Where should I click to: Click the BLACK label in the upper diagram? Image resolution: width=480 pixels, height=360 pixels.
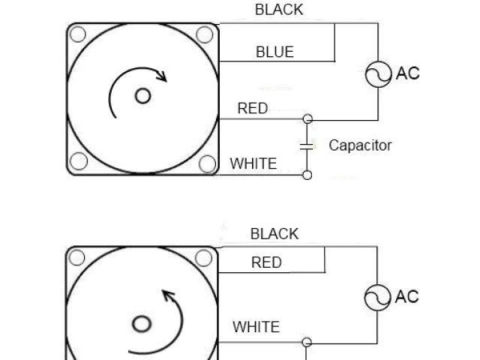pos(279,10)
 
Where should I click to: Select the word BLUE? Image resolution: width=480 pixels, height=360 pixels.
pos(274,52)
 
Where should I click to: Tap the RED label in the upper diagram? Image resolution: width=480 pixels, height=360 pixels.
pos(253,109)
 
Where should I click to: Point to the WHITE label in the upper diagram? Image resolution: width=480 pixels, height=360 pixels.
pos(253,163)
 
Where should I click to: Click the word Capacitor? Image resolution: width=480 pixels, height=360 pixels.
pos(360,145)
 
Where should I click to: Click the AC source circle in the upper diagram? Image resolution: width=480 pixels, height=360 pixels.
pos(379,73)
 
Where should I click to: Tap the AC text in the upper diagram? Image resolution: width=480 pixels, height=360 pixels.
pos(408,73)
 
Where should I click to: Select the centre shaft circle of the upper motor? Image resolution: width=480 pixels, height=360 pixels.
pos(142,96)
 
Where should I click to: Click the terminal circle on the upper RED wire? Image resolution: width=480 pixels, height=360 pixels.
pos(307,118)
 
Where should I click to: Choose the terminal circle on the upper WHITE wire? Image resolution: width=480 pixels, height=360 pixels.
pos(307,175)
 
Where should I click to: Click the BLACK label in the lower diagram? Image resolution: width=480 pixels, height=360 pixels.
pos(274,234)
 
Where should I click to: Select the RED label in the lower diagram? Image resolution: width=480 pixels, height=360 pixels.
pos(266,262)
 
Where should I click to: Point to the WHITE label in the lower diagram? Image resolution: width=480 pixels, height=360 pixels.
pos(256,327)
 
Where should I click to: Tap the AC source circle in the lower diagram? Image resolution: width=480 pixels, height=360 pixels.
pos(377,298)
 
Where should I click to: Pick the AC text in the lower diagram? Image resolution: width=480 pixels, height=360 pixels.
pos(407,297)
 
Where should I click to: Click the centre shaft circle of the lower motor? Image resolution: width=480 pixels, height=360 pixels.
pos(142,324)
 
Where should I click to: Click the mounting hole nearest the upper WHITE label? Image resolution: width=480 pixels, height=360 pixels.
pos(207,163)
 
